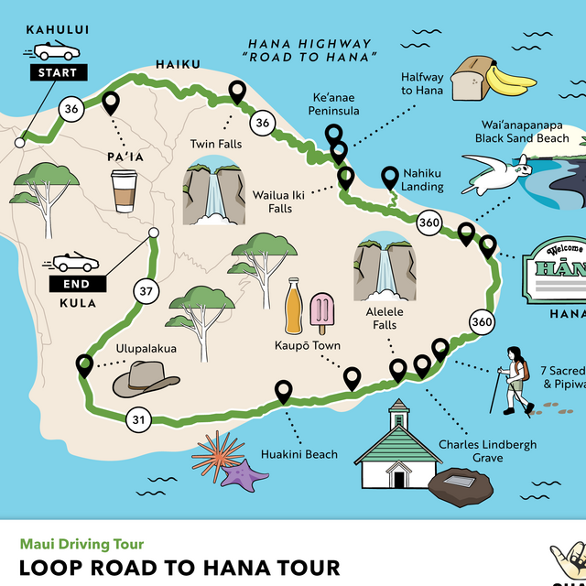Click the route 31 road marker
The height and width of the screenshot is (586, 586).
(137, 420)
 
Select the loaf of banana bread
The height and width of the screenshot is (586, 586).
(472, 76)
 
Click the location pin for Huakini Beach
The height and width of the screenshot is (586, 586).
(284, 393)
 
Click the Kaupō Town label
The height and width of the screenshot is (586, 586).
(308, 345)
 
